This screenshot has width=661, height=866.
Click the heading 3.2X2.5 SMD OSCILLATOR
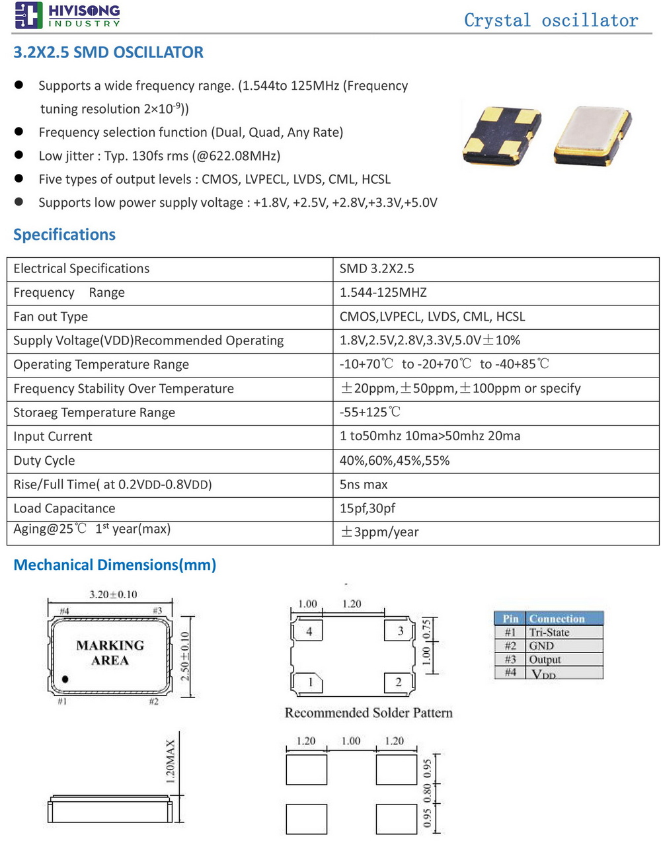(x=108, y=52)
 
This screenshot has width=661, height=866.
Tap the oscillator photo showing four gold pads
(x=502, y=135)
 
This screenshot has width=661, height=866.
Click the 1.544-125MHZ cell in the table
(x=383, y=292)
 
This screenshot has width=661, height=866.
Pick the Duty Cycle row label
(x=44, y=461)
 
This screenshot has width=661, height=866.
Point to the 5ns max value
(x=364, y=485)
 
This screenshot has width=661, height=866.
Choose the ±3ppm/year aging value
(x=379, y=532)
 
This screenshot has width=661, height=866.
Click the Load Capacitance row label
(x=64, y=508)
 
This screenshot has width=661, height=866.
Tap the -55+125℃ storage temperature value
(x=370, y=413)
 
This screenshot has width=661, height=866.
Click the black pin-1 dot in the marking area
(x=65, y=679)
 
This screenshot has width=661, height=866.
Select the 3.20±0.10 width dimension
(x=113, y=594)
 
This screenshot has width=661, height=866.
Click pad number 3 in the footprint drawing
(x=400, y=631)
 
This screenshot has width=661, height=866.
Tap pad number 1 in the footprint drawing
(x=310, y=682)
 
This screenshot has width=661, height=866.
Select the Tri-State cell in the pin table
(x=549, y=633)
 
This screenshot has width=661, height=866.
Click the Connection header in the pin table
(x=557, y=619)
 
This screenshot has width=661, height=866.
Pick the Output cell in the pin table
(x=545, y=660)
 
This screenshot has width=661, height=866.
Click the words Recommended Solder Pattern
(x=368, y=713)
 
